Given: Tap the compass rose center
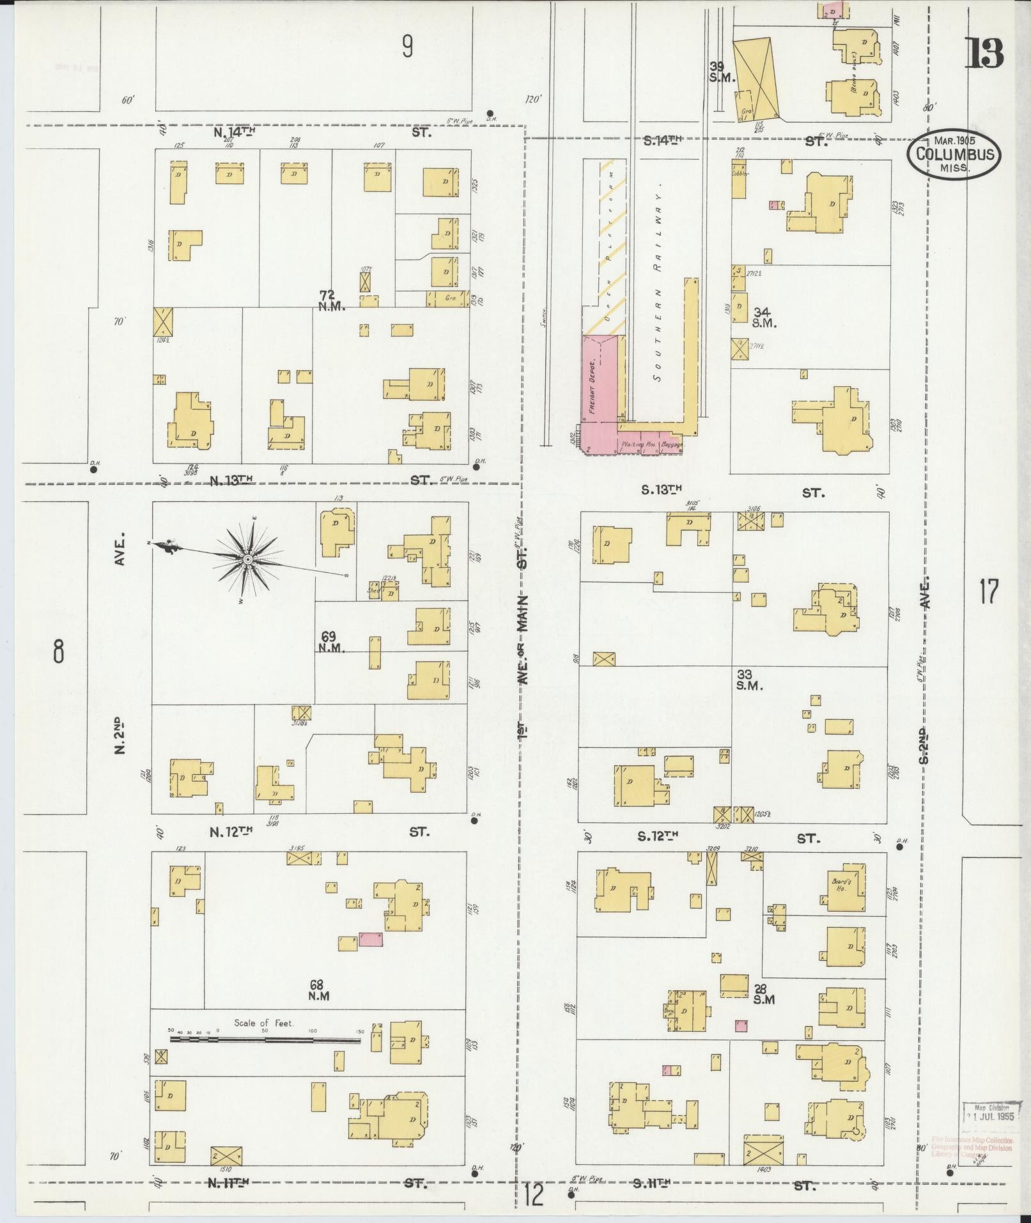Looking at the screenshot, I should coord(247,560).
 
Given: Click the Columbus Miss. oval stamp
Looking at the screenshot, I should coord(955,155).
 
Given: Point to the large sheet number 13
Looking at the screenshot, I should coord(984,54).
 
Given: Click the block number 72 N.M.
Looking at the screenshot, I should coord(332,300).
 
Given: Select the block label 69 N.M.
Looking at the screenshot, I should coord(332,642).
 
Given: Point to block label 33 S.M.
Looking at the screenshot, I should coord(750,680).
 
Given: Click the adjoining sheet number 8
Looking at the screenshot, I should coord(58,651).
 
